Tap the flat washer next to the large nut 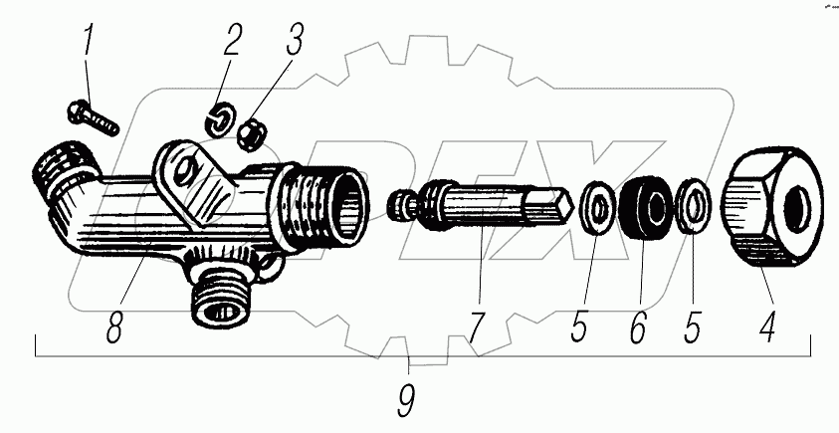(x=695, y=208)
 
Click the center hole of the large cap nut (x=798, y=209)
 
